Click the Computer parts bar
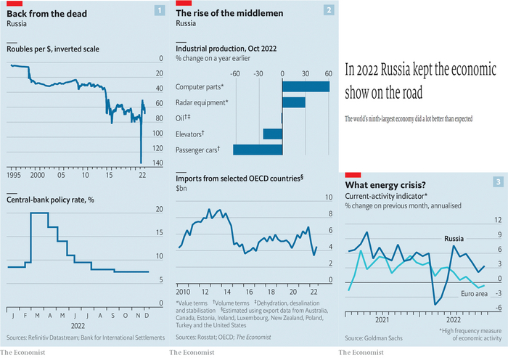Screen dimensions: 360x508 pyautogui.click(x=306, y=87)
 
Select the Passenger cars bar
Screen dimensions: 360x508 pyautogui.click(x=258, y=150)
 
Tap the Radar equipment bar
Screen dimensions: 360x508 pyautogui.click(x=294, y=102)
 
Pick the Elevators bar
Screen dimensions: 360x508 pyautogui.click(x=273, y=134)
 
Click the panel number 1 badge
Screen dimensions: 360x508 pyautogui.click(x=160, y=10)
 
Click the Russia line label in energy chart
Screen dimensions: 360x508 pyautogui.click(x=455, y=238)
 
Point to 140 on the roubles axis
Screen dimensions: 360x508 pyautogui.click(x=155, y=163)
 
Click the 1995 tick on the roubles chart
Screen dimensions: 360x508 pyautogui.click(x=15, y=176)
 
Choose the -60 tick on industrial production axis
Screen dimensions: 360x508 pyautogui.click(x=234, y=73)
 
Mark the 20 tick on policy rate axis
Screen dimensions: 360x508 pyautogui.click(x=160, y=210)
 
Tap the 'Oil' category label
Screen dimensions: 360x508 pyautogui.click(x=183, y=118)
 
